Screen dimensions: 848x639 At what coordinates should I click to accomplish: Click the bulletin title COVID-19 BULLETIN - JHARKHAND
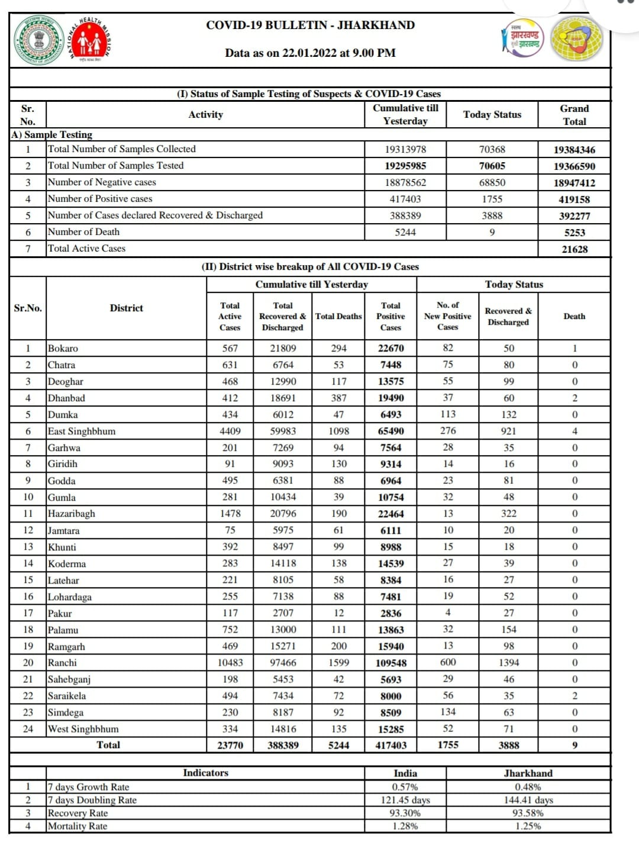pyautogui.click(x=310, y=25)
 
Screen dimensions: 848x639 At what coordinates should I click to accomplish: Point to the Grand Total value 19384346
pyautogui.click(x=574, y=150)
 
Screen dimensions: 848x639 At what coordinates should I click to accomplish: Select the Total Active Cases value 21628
pyautogui.click(x=574, y=249)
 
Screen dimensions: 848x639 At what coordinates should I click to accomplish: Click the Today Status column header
pyautogui.click(x=492, y=115)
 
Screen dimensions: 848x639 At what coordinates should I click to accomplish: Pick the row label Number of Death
pyautogui.click(x=83, y=232)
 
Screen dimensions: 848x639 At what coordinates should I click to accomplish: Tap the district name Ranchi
pyautogui.click(x=62, y=663)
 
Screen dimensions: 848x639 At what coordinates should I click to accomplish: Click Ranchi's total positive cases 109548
pyautogui.click(x=390, y=663)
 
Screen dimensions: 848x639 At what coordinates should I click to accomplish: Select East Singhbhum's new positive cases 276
pyautogui.click(x=448, y=431)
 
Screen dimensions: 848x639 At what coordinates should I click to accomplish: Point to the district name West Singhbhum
pyautogui.click(x=83, y=729)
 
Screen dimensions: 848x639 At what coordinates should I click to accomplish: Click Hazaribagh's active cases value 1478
pyautogui.click(x=230, y=514)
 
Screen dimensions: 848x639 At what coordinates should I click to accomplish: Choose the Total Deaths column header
pyautogui.click(x=338, y=317)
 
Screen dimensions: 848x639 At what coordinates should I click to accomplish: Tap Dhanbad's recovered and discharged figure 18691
pyautogui.click(x=283, y=398)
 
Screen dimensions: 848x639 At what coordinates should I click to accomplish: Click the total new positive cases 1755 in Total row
pyautogui.click(x=448, y=745)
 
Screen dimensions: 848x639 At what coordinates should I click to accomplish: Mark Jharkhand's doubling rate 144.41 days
pyautogui.click(x=528, y=800)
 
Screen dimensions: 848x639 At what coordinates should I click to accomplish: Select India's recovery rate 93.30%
pyautogui.click(x=405, y=813)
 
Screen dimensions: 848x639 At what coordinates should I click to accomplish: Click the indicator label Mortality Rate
pyautogui.click(x=78, y=826)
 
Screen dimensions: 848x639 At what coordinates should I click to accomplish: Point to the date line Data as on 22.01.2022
pyautogui.click(x=310, y=53)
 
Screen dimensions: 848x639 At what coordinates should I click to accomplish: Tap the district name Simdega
pyautogui.click(x=65, y=712)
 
